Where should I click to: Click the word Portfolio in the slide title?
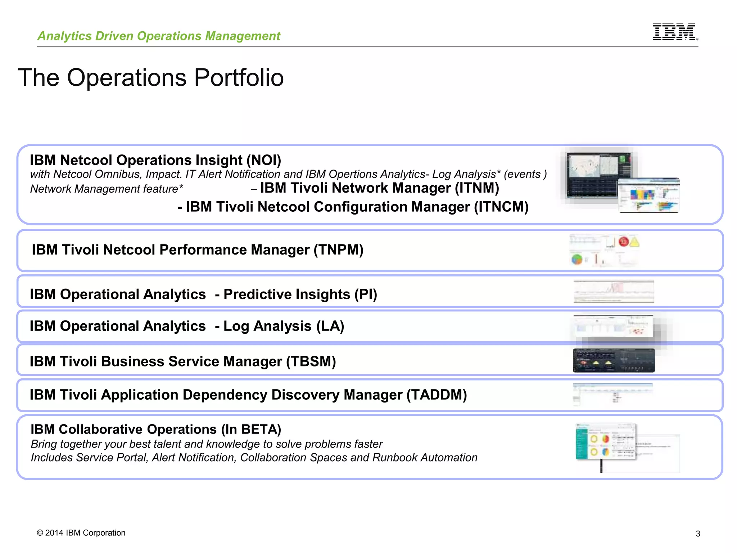[x=239, y=78]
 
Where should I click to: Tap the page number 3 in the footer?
[x=698, y=534]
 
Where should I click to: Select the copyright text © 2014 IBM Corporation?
[x=81, y=533]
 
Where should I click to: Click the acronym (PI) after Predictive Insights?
[x=366, y=295]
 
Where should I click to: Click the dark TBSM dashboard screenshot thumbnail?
[x=614, y=360]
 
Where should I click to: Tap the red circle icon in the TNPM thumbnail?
[x=623, y=242]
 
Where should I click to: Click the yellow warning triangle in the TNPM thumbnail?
[x=634, y=242]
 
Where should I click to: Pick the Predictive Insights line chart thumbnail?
[x=614, y=291]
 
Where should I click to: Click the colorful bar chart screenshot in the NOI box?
[x=648, y=195]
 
